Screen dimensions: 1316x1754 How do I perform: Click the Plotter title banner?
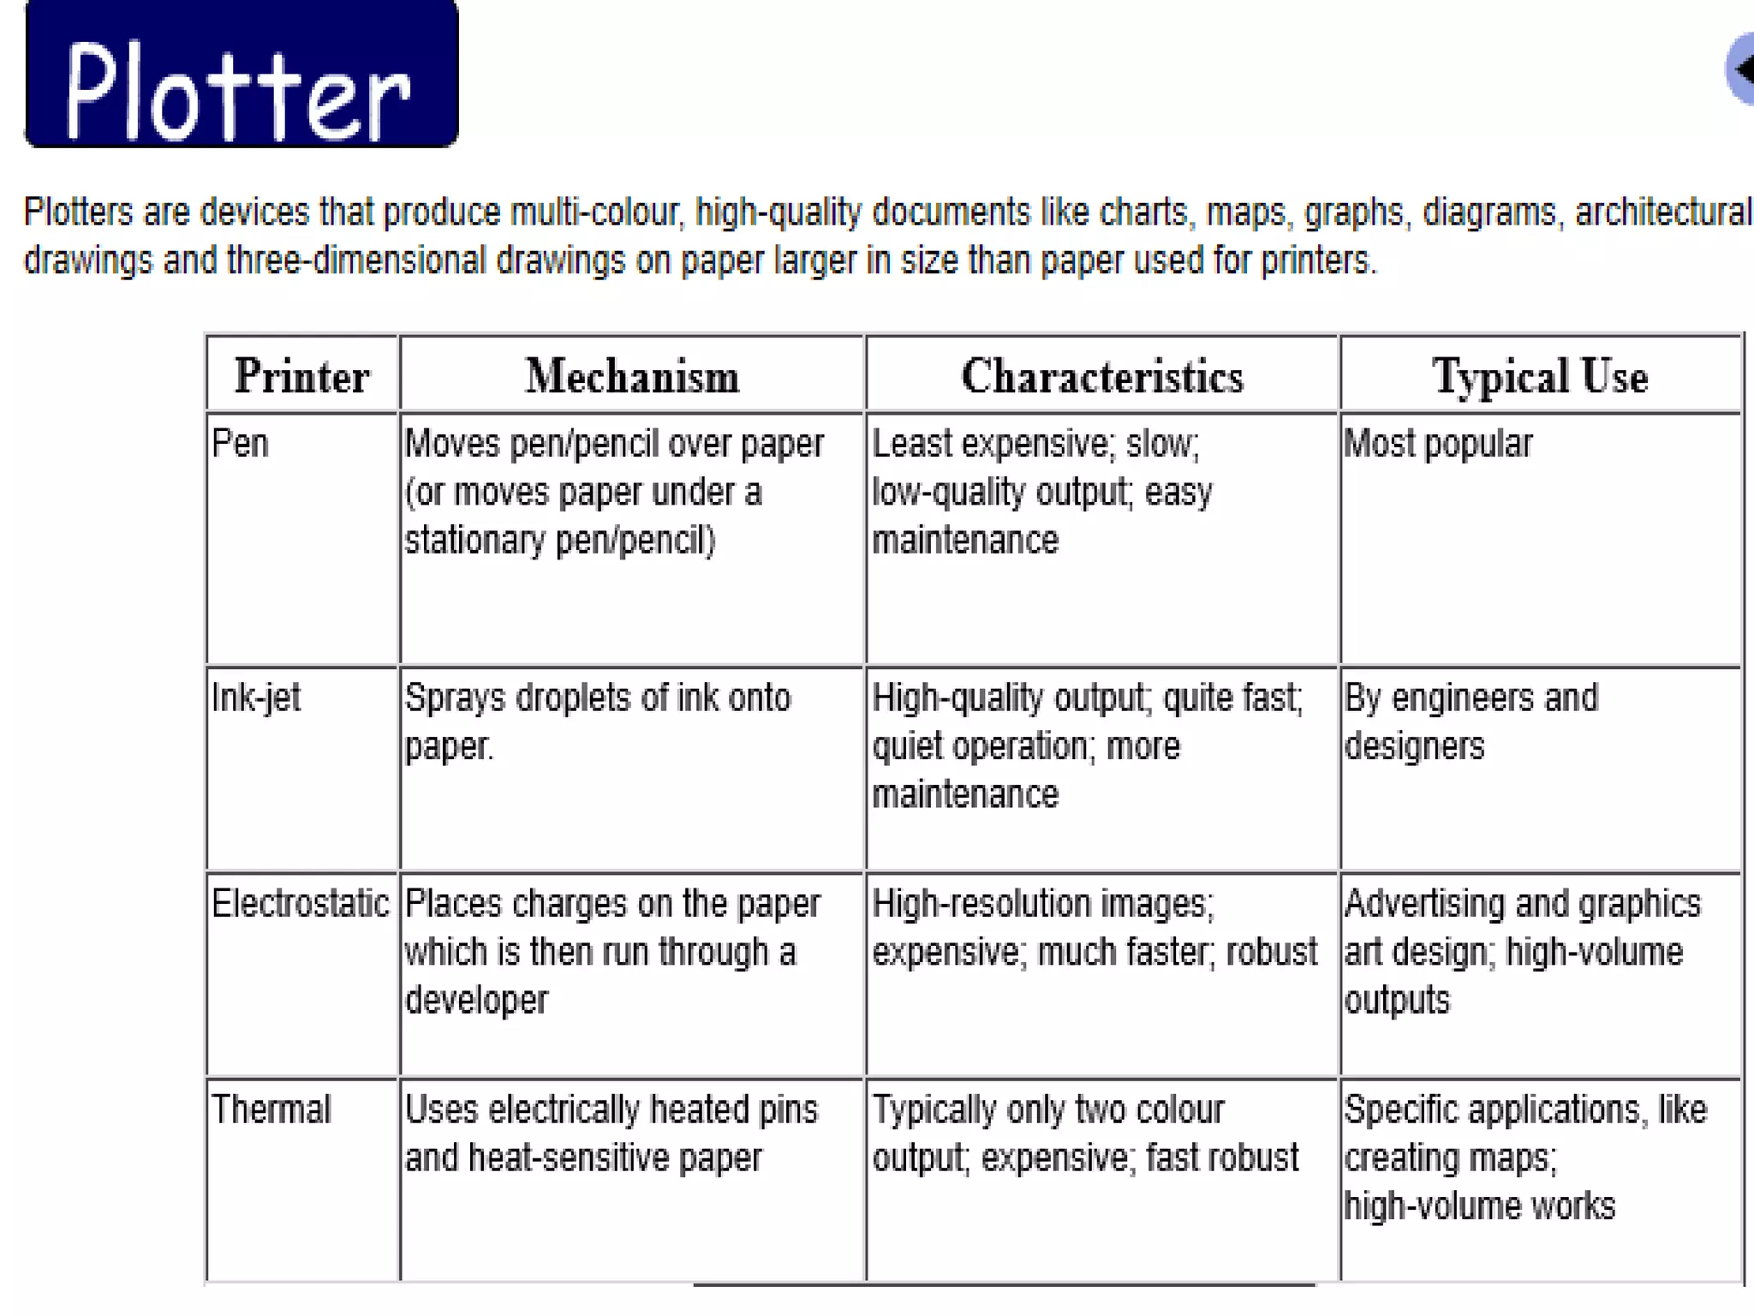[x=241, y=75]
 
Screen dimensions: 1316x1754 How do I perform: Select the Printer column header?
[x=301, y=376]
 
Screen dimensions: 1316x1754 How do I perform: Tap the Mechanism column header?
[x=632, y=376]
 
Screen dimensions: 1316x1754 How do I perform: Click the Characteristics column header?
[x=1101, y=376]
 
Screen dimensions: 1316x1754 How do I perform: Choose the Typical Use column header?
[x=1540, y=376]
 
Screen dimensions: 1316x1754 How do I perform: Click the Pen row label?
[x=240, y=444]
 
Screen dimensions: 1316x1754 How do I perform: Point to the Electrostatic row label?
[x=300, y=904]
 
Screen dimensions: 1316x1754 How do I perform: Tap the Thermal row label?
[x=271, y=1110]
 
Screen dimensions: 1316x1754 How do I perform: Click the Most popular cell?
[x=1438, y=444]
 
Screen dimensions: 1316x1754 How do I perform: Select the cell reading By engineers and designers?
[x=1471, y=721]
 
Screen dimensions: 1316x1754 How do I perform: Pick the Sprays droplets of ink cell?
[x=597, y=721]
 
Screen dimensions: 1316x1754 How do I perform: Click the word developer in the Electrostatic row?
[x=476, y=1001]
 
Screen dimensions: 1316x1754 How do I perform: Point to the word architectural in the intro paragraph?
[x=1663, y=212]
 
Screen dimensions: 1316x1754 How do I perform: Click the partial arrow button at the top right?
[x=1740, y=69]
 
